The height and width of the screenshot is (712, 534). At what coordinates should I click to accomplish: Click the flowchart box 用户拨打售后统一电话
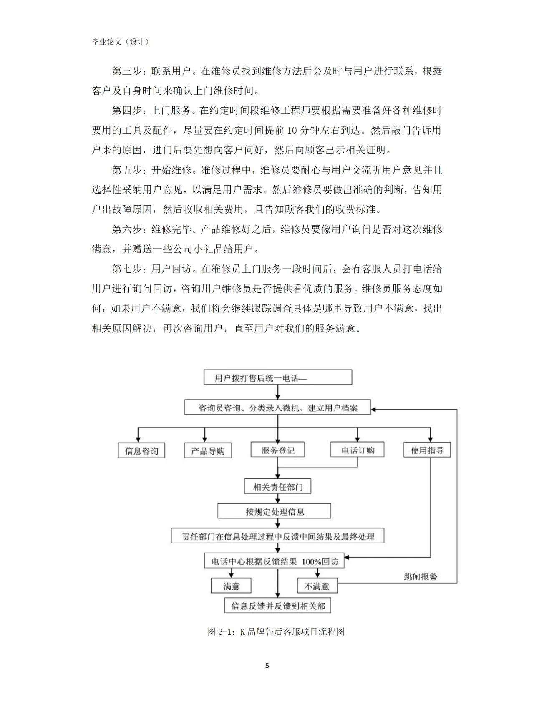pos(277,377)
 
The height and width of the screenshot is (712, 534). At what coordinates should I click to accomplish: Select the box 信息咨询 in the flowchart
pos(141,451)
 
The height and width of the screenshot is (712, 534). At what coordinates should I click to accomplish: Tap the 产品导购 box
pos(208,451)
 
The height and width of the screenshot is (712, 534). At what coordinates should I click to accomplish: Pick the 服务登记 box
pos(277,450)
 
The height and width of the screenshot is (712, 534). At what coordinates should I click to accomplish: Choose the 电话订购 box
pos(358,450)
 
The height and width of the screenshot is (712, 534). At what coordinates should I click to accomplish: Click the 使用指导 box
pos(427,450)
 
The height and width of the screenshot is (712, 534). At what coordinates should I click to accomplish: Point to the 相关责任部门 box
pos(277,486)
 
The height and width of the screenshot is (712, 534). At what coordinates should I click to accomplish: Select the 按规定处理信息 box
pos(275,511)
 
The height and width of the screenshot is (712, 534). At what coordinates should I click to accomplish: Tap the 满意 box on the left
pos(231,586)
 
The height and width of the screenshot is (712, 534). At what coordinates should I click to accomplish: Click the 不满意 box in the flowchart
pos(317,586)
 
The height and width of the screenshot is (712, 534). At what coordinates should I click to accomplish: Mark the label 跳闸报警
pos(421,576)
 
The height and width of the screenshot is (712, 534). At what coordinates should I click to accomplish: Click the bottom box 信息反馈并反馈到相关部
pos(277,606)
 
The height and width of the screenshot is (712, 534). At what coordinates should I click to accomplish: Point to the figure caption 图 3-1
pos(276,631)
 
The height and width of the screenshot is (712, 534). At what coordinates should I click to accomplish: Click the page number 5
pos(267,666)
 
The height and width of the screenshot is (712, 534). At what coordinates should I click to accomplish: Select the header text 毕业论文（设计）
pos(120,42)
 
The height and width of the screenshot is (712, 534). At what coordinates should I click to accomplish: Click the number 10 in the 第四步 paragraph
pos(292,131)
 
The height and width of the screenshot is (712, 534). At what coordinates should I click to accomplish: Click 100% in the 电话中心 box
pos(311,561)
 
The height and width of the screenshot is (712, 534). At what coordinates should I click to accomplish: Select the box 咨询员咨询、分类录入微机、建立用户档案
pos(277,408)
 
